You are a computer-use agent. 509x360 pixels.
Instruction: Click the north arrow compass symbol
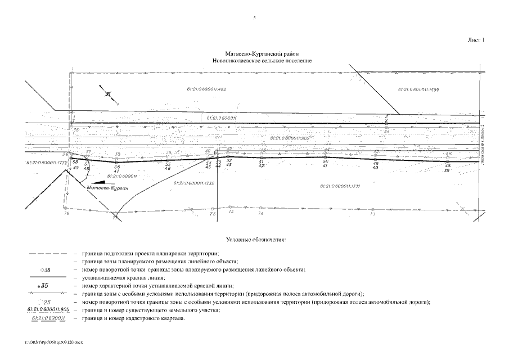coord(109,94)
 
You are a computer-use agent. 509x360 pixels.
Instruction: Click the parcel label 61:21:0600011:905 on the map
coord(289,137)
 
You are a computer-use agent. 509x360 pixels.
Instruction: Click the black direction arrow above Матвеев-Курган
coord(99,182)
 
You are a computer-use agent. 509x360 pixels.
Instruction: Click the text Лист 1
coord(476,40)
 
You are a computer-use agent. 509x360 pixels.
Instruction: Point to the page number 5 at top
coord(255,18)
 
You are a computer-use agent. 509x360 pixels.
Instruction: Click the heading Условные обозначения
coord(255,240)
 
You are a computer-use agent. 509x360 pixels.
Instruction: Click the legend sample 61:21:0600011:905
coord(48,310)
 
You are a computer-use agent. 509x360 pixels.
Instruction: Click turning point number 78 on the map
coord(66,214)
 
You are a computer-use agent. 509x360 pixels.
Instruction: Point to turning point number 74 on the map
coord(260,214)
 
